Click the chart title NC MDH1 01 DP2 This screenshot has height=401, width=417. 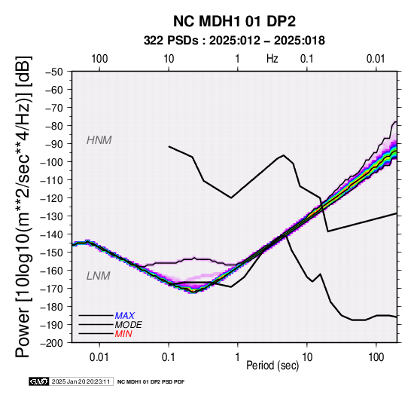(x=234, y=21)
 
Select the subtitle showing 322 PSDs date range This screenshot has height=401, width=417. (x=234, y=41)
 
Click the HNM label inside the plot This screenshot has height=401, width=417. (x=99, y=140)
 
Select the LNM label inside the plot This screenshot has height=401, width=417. (x=98, y=276)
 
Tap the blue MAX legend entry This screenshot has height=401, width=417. (x=125, y=316)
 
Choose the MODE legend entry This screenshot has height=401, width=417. (x=128, y=325)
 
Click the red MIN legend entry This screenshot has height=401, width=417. (x=123, y=334)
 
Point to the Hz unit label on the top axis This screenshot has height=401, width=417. (x=272, y=59)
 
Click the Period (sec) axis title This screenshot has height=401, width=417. (x=272, y=366)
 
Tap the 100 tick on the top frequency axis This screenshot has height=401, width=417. (x=99, y=59)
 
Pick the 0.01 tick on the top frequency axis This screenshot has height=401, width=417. (x=376, y=59)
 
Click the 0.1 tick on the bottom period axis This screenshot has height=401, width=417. (x=169, y=357)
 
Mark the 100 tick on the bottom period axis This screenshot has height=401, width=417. (x=376, y=357)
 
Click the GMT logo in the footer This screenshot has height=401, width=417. (x=39, y=381)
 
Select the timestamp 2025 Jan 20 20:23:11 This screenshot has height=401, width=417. (x=81, y=381)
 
